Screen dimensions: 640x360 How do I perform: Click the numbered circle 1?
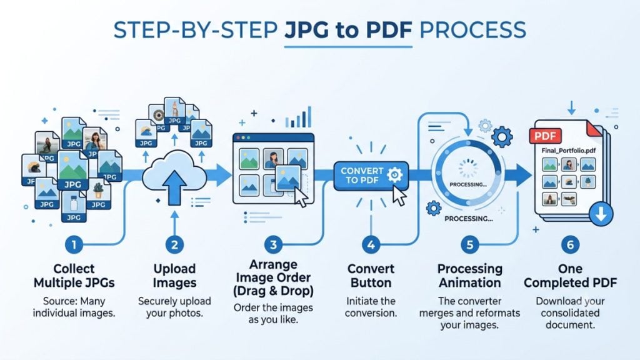click(74, 245)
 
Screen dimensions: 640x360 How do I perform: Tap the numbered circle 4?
click(371, 245)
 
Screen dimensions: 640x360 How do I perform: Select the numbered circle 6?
click(570, 245)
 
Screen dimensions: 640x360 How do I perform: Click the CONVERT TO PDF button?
click(371, 176)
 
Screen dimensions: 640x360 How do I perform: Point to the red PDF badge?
click(545, 136)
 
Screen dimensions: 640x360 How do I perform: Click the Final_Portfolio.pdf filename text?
click(569, 151)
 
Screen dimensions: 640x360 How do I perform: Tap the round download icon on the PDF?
click(601, 214)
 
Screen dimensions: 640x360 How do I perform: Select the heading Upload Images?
click(174, 276)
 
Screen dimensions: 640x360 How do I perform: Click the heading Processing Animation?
click(470, 276)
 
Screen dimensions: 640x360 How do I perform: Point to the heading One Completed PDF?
click(570, 276)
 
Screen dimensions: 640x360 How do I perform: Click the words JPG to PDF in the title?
click(348, 30)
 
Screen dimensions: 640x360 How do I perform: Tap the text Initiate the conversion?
click(371, 307)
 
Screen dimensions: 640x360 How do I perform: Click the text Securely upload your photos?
click(174, 307)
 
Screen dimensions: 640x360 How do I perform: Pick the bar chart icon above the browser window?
click(298, 117)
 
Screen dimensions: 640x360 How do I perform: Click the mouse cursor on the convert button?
click(399, 196)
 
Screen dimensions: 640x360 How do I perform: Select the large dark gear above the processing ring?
click(502, 137)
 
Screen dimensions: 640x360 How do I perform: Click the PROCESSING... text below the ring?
click(469, 219)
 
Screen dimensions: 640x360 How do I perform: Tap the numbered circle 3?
click(273, 245)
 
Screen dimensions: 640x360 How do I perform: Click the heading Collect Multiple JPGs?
click(74, 276)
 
